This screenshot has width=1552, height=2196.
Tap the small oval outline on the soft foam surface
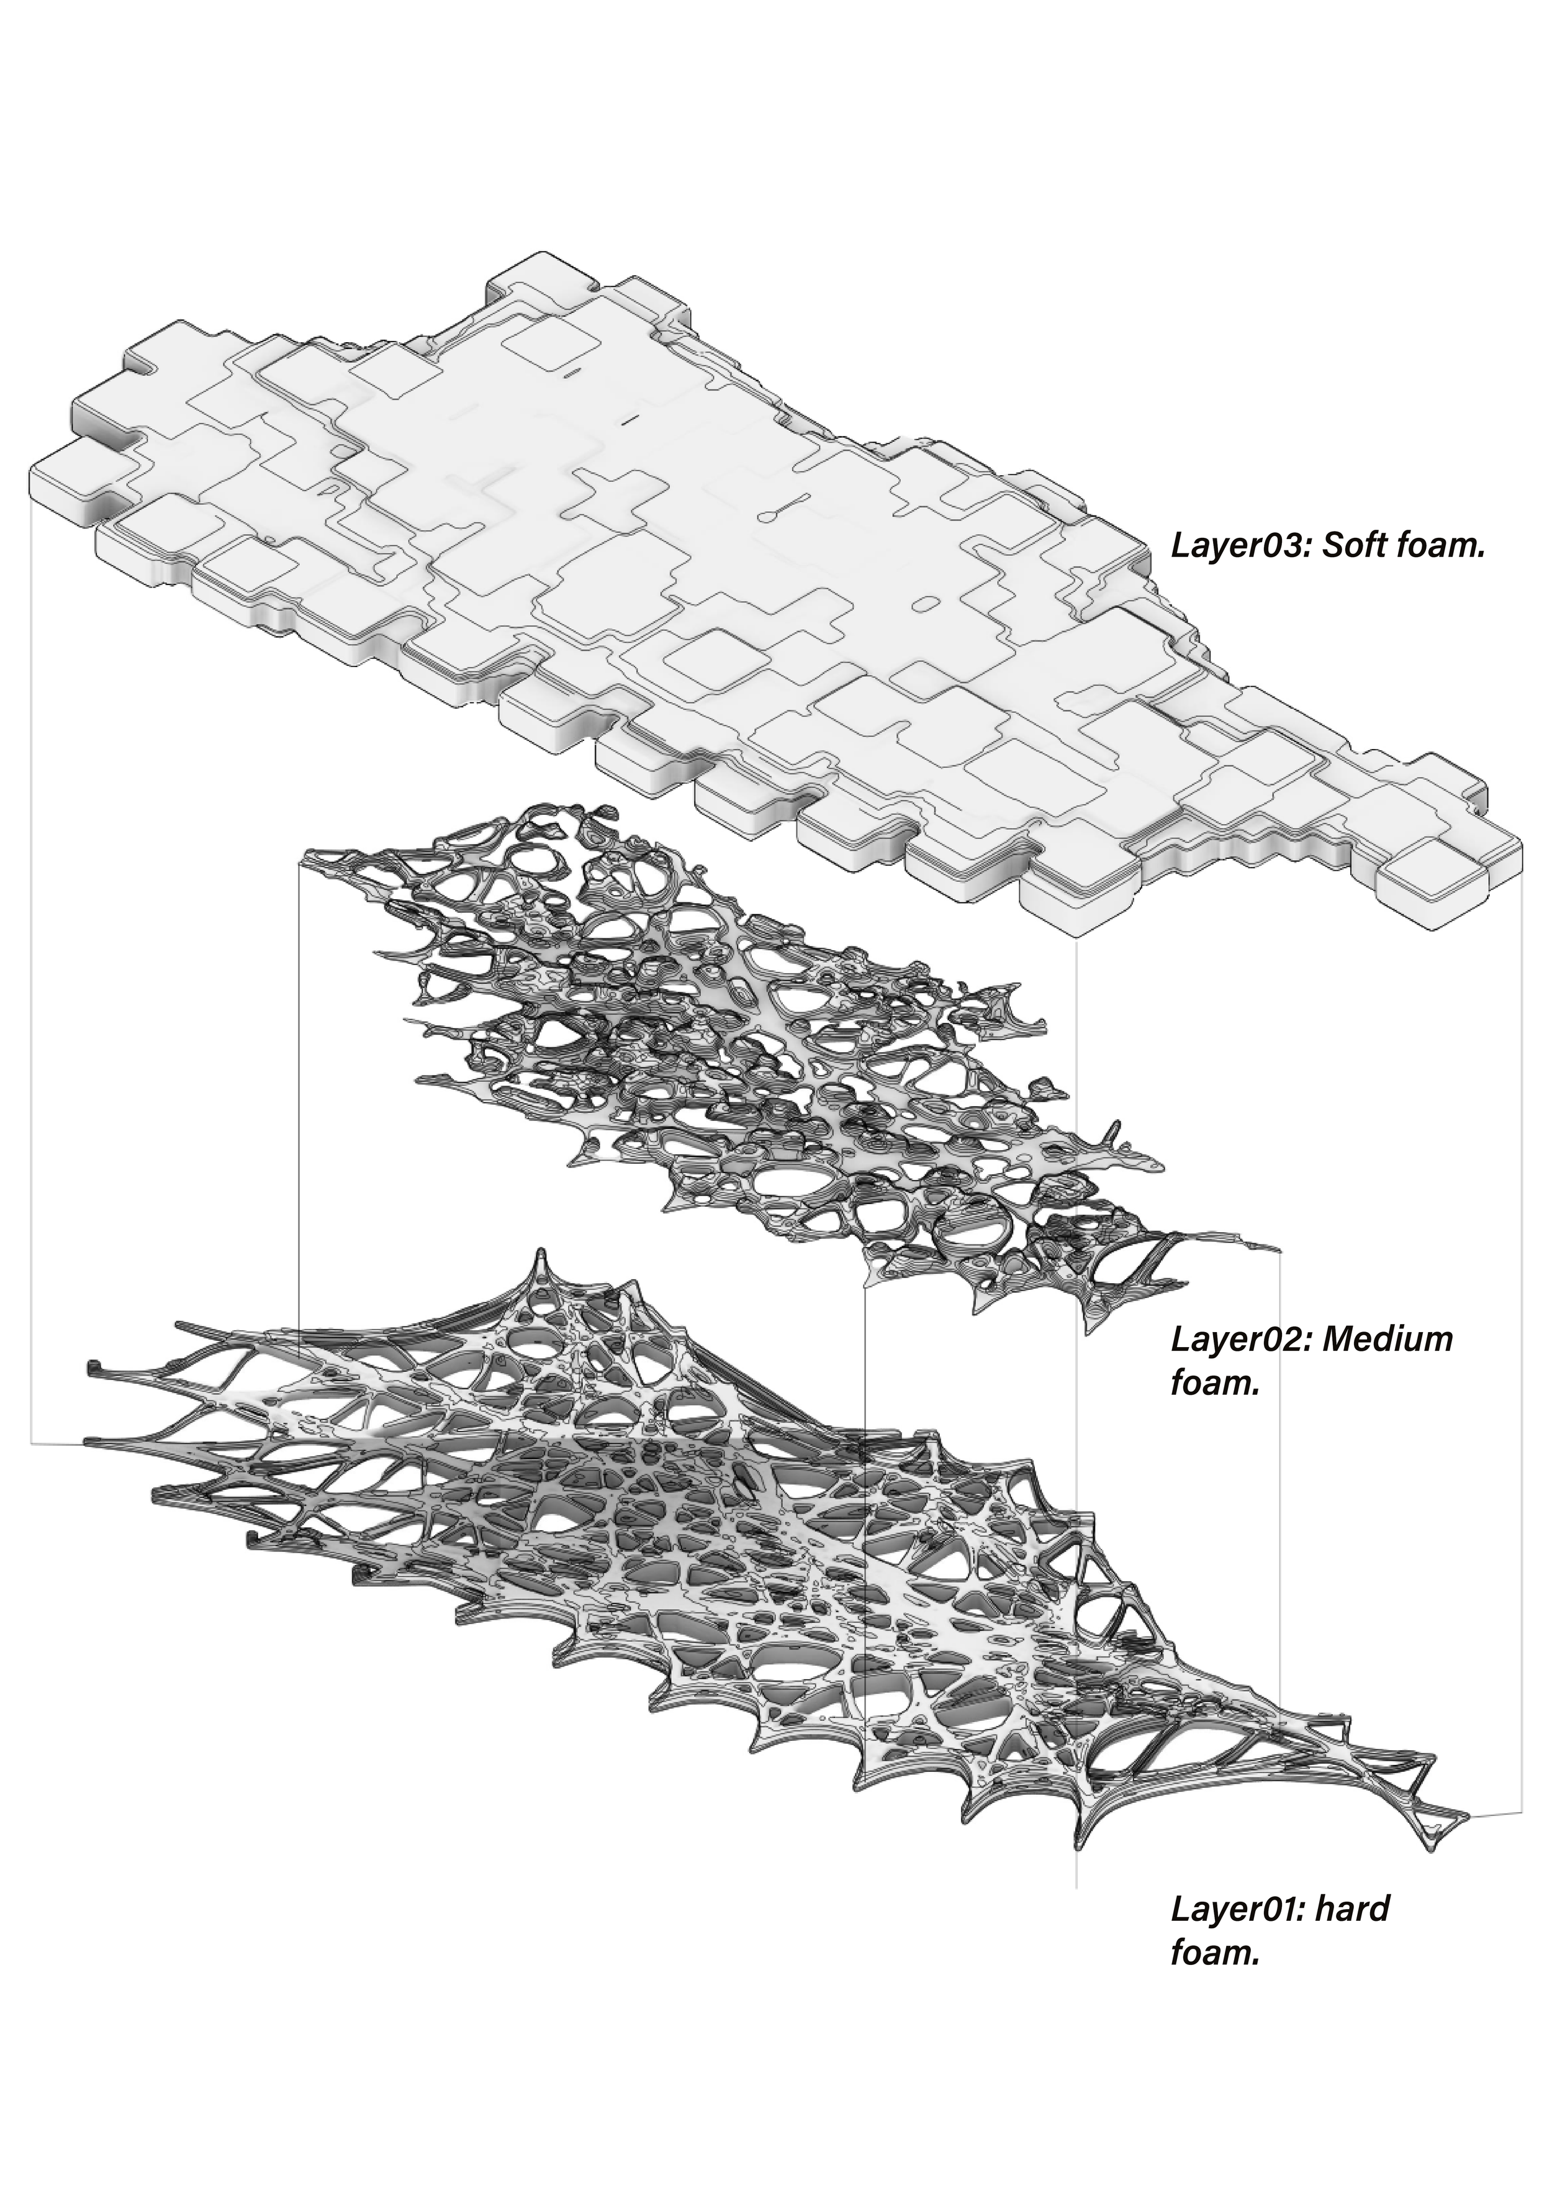tap(925, 604)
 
